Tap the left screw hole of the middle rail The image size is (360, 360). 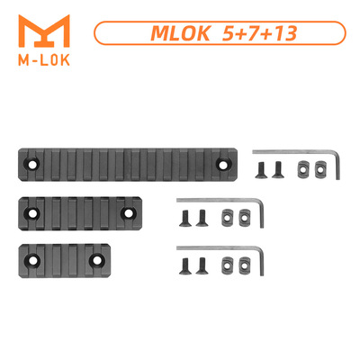click(33, 213)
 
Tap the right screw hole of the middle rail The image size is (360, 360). click(128, 213)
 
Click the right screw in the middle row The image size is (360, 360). click(200, 216)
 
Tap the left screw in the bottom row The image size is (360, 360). click(186, 263)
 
